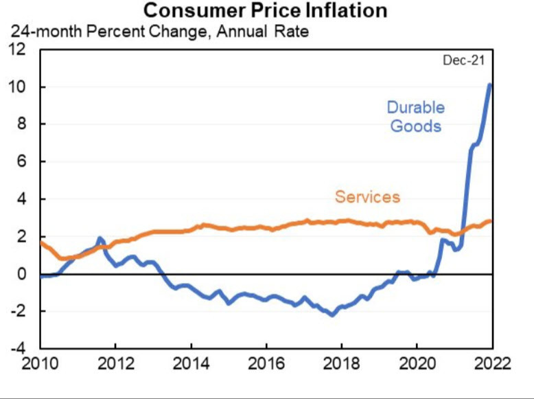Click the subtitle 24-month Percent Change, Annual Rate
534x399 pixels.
click(x=159, y=31)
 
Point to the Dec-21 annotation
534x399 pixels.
click(x=463, y=60)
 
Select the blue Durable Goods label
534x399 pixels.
click(x=415, y=116)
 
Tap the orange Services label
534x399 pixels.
click(x=367, y=197)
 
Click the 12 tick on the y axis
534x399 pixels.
click(x=16, y=49)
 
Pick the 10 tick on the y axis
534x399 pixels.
click(x=16, y=87)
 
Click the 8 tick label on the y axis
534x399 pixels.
click(x=21, y=124)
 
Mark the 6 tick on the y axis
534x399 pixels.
click(x=21, y=162)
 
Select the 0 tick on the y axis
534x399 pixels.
click(x=21, y=274)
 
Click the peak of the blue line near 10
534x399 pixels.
click(x=489, y=84)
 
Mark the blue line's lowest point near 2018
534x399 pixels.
click(x=332, y=315)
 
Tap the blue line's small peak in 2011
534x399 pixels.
click(x=100, y=238)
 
